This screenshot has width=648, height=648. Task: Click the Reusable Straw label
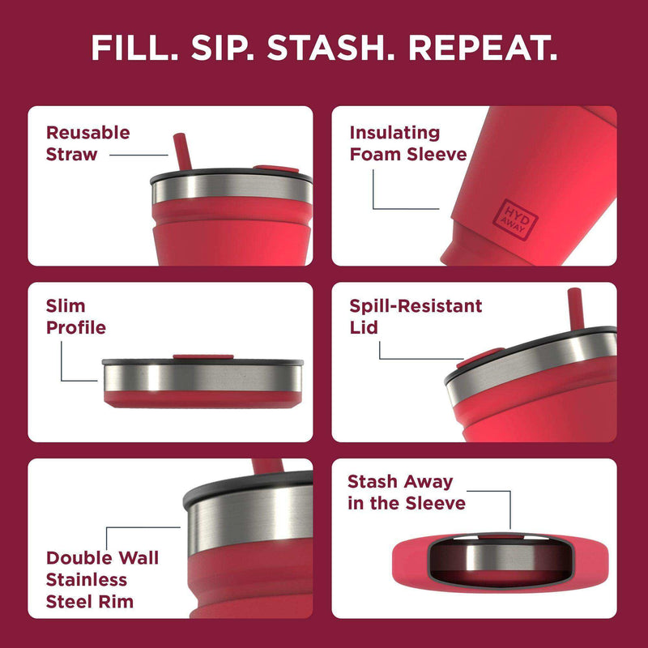pyautogui.click(x=87, y=143)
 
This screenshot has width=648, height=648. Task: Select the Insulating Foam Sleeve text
pyautogui.click(x=407, y=143)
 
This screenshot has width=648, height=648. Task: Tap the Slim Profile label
pyautogui.click(x=75, y=318)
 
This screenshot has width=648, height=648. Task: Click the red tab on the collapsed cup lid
pyautogui.click(x=193, y=356)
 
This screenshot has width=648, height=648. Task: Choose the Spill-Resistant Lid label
pyautogui.click(x=416, y=318)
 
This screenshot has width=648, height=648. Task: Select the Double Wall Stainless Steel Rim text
pyautogui.click(x=101, y=579)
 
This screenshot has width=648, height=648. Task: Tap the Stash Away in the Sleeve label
pyautogui.click(x=406, y=492)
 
